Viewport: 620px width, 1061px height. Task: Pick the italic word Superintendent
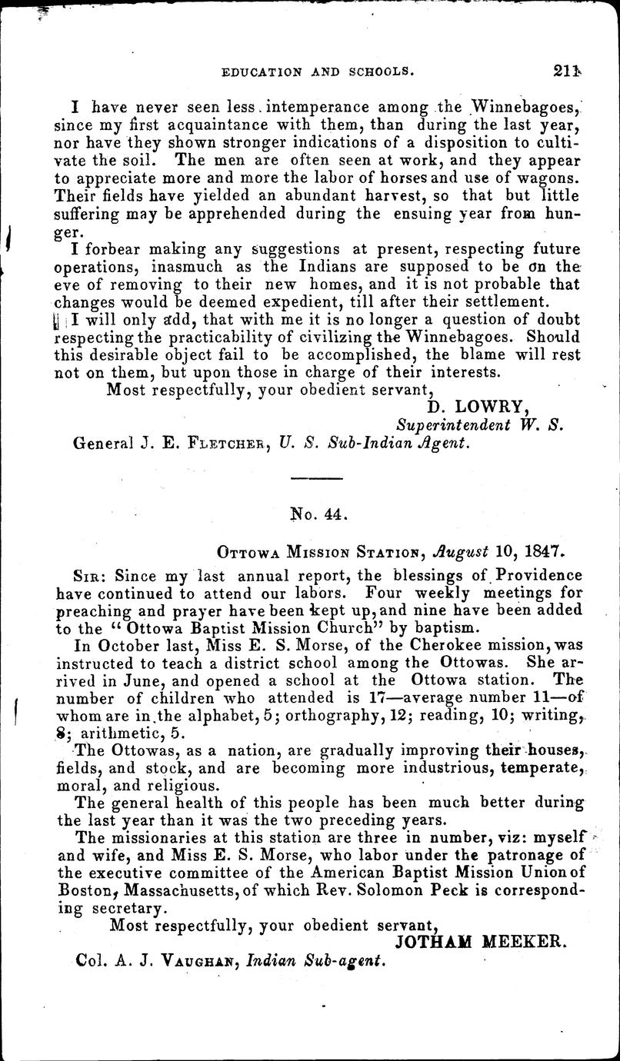453,425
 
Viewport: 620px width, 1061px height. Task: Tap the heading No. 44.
321,514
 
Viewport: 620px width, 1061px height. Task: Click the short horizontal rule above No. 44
320,480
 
